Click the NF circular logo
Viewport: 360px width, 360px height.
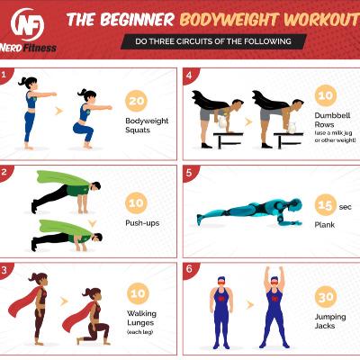click(27, 24)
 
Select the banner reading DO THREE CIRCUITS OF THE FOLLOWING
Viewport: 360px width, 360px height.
click(213, 41)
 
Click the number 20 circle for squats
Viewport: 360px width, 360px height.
click(137, 101)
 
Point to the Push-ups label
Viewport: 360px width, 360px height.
click(142, 223)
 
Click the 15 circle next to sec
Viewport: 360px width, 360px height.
click(326, 205)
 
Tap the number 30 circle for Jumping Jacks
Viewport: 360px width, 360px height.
click(326, 297)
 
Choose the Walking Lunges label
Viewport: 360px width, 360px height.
click(141, 318)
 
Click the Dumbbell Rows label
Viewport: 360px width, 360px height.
click(332, 120)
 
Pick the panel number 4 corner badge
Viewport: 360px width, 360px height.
click(189, 75)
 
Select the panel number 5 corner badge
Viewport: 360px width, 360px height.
click(189, 173)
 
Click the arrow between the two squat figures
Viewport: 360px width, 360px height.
click(59, 111)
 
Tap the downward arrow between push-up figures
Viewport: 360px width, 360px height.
click(93, 223)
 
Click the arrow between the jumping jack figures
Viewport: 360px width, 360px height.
click(250, 305)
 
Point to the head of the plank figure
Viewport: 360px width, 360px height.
click(294, 206)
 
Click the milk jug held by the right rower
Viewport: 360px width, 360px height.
click(292, 128)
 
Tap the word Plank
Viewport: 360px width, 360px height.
click(325, 225)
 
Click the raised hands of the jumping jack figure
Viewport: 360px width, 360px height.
click(274, 269)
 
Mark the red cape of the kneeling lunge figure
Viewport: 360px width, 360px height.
click(78, 317)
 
